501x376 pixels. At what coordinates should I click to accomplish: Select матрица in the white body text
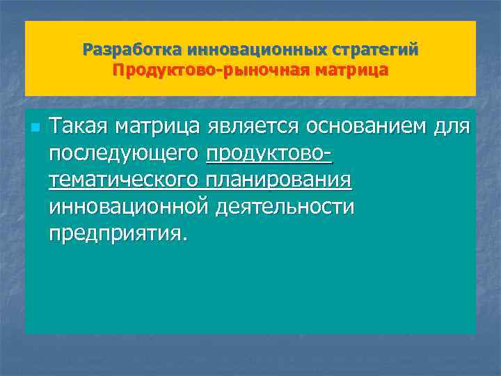tap(155, 127)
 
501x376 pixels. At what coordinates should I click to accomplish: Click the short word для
tap(452, 127)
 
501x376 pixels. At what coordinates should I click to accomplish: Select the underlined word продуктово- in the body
tap(269, 153)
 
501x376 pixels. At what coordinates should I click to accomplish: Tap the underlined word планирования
tap(279, 180)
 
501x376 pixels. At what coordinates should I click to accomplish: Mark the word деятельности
tap(285, 206)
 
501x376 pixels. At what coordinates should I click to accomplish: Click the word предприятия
tap(114, 233)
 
